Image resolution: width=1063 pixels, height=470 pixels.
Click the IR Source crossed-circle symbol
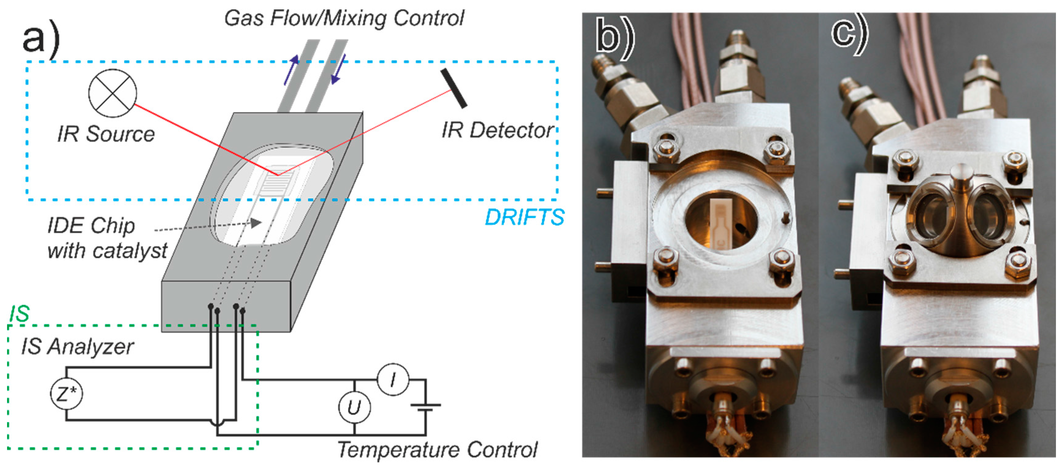pyautogui.click(x=112, y=93)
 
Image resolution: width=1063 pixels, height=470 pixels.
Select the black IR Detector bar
pyautogui.click(x=453, y=88)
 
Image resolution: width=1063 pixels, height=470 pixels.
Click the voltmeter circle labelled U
pyautogui.click(x=354, y=407)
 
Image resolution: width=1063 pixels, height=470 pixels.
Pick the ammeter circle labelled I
pyautogui.click(x=393, y=379)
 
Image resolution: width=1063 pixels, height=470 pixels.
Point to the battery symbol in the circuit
pyautogui.click(x=426, y=407)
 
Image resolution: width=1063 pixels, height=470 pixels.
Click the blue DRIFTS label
pyautogui.click(x=524, y=217)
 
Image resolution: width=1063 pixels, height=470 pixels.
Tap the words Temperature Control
pyautogui.click(x=438, y=449)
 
